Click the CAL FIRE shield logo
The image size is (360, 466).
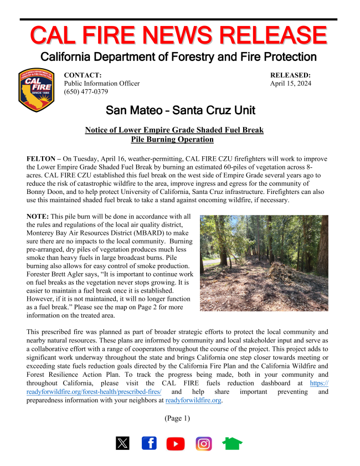coord(37,90)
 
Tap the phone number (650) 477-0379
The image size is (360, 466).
coord(86,92)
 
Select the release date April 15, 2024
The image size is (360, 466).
coord(290,84)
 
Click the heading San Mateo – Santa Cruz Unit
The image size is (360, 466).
coord(180,110)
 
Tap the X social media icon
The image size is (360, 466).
coord(122,443)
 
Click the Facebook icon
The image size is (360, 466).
coord(149,443)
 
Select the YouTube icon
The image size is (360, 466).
coord(176,443)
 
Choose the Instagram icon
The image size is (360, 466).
coord(203,443)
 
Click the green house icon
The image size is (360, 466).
coord(232,443)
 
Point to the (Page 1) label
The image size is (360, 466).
coord(177,418)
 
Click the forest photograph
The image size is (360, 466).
coord(264,263)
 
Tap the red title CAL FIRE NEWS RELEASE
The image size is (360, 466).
coord(178,35)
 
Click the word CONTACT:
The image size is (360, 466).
coord(83,75)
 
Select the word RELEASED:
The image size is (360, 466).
coord(290,75)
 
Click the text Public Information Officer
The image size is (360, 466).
coord(102,84)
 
